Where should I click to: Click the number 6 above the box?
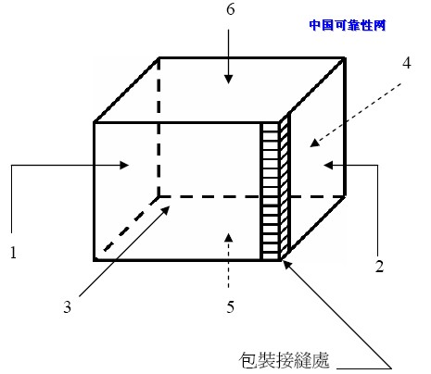(231, 9)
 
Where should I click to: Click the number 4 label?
(407, 63)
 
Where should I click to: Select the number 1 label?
(13, 253)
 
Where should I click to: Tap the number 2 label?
(379, 266)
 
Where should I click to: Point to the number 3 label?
(67, 307)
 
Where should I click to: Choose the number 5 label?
(230, 307)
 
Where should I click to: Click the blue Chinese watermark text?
(348, 25)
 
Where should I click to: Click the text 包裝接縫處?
(285, 360)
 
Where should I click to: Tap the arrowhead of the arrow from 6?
(229, 80)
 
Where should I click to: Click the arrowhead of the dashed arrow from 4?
(314, 143)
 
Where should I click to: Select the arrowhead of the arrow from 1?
(124, 165)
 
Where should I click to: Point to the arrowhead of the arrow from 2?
(328, 165)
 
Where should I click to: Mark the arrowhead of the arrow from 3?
(166, 210)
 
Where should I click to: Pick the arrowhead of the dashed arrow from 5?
(229, 237)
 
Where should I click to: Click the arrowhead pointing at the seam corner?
(286, 265)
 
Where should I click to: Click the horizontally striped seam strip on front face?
(271, 192)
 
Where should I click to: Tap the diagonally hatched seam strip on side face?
(285, 186)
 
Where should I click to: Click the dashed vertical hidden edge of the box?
(158, 127)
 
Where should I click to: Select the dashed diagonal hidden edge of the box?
(131, 223)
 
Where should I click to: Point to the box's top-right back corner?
(345, 58)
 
